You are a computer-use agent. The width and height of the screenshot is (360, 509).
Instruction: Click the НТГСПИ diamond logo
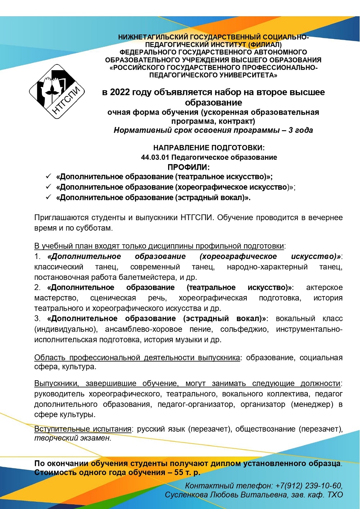(x=57, y=92)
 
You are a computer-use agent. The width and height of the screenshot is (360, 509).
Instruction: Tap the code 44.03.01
(x=155, y=158)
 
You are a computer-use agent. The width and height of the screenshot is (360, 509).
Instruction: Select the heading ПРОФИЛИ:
(x=189, y=167)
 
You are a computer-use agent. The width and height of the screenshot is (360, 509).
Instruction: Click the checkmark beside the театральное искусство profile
(x=48, y=176)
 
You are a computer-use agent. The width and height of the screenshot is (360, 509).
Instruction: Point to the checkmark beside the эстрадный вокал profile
(x=48, y=197)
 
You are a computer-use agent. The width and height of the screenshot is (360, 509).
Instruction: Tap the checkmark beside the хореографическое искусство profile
(x=48, y=187)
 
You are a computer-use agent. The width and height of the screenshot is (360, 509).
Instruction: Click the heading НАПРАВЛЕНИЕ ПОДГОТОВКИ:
(x=209, y=148)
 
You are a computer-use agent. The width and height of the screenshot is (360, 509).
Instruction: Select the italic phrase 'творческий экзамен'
(x=72, y=438)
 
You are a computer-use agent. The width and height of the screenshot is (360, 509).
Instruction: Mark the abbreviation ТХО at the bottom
(x=335, y=495)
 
